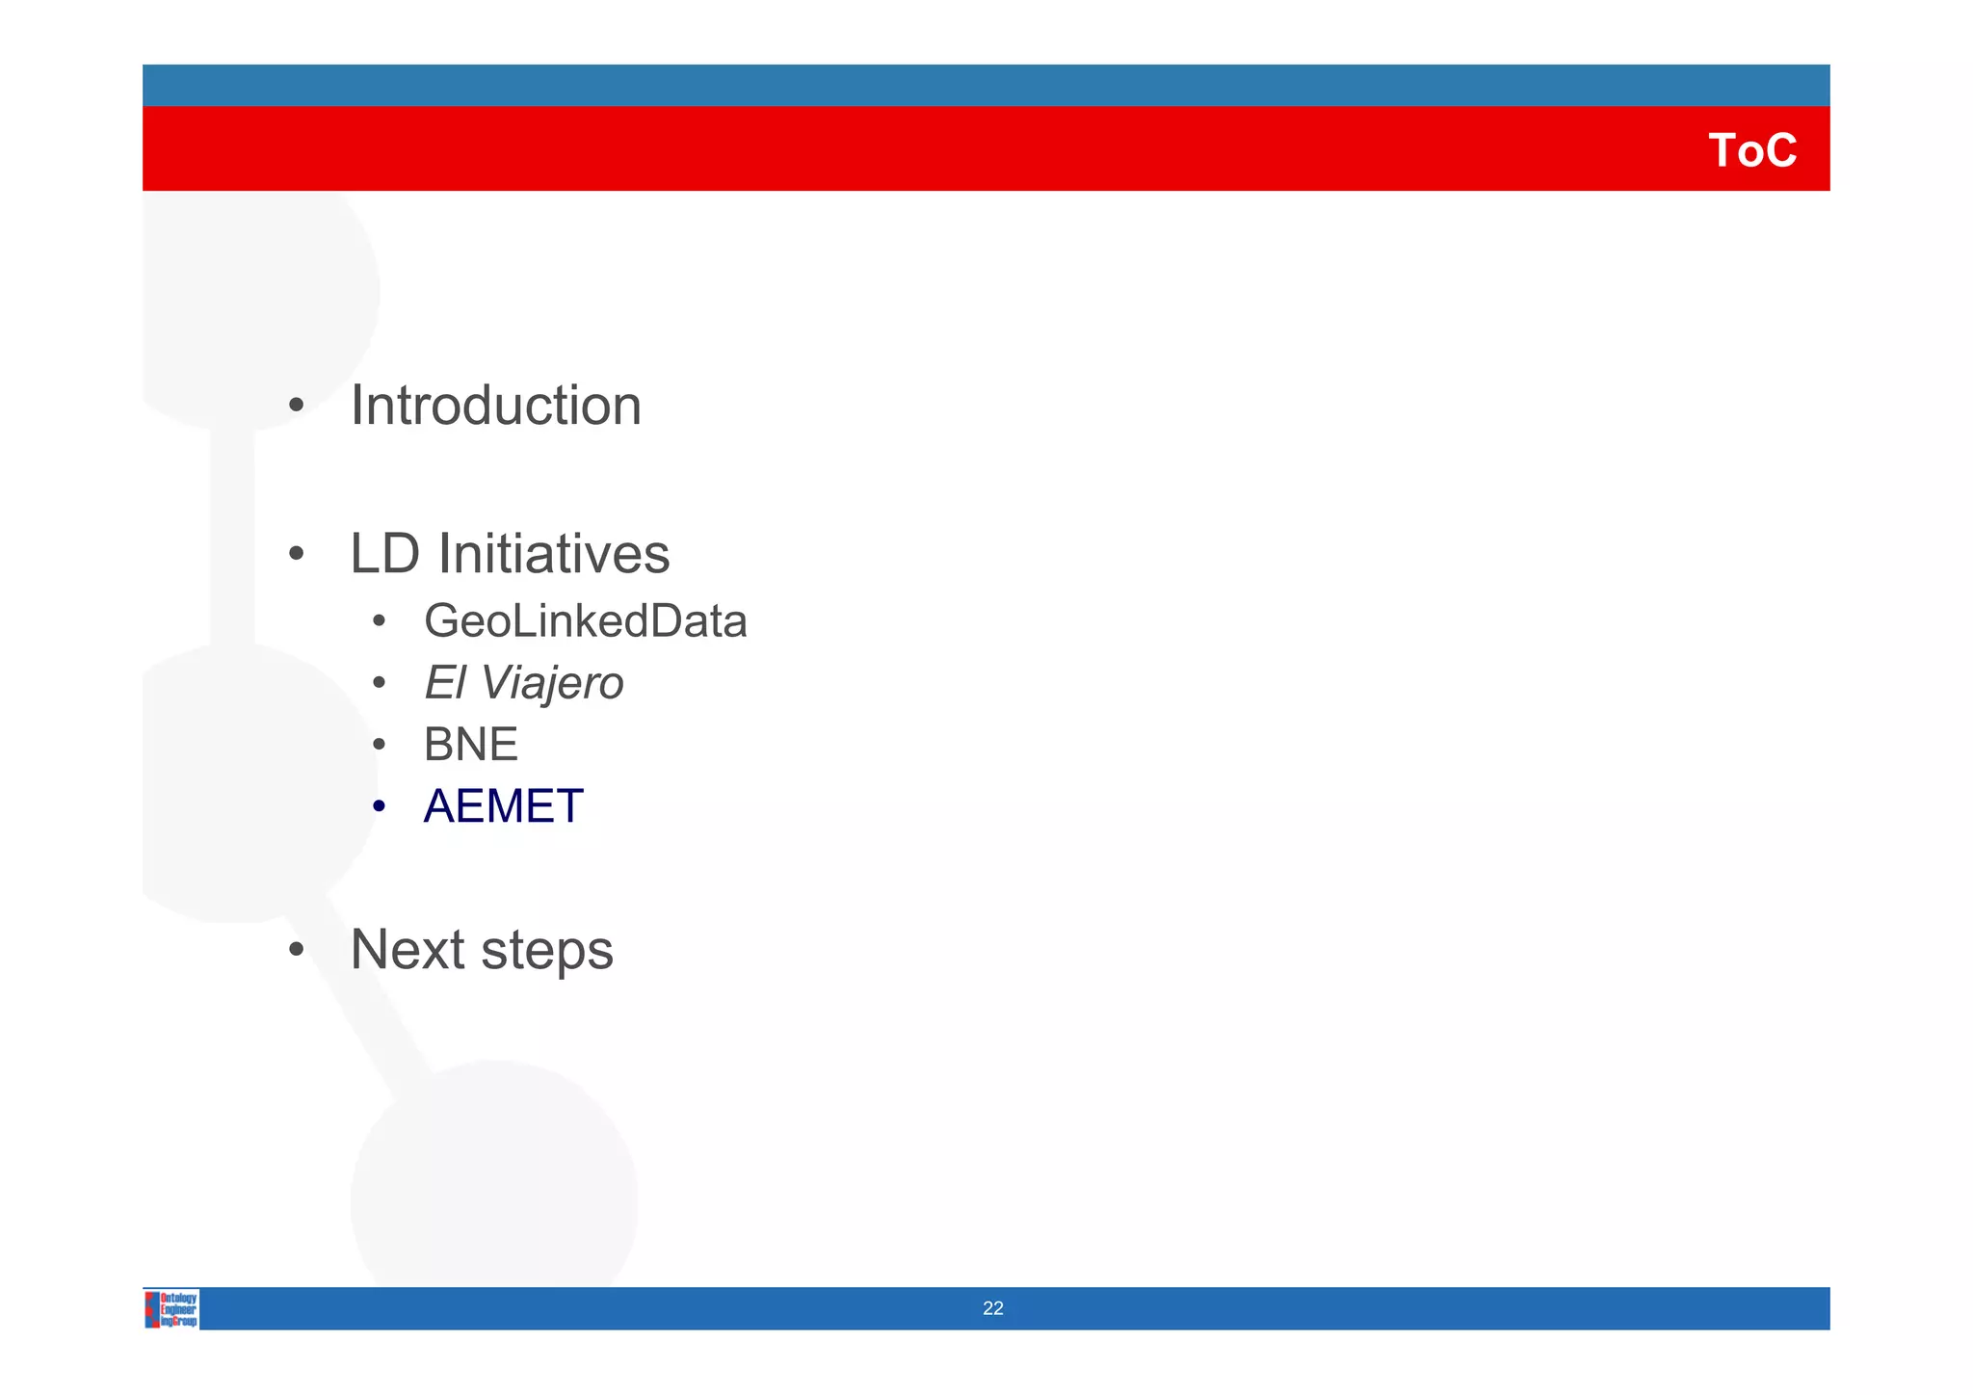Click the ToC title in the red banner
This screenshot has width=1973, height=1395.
[1751, 151]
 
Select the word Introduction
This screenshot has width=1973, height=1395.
[495, 406]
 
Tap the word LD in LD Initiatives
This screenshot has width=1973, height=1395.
[384, 554]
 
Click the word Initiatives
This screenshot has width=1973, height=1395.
[554, 554]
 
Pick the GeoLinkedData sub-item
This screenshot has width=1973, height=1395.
[585, 621]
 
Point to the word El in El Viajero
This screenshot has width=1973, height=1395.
[444, 683]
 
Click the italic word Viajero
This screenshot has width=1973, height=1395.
[552, 683]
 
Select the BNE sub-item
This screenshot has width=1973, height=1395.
[470, 745]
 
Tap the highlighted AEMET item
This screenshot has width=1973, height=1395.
[503, 806]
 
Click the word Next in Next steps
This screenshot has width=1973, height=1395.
[408, 950]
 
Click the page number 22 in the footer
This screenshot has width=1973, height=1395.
[992, 1308]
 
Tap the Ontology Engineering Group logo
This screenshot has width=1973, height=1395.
[172, 1309]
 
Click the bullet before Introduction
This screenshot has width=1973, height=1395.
[297, 407]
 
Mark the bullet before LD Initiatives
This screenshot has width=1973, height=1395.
[297, 555]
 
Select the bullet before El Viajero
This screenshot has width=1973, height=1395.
[380, 684]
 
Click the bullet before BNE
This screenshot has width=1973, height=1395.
[380, 746]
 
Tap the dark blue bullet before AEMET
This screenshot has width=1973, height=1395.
[380, 807]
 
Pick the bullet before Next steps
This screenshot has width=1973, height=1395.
[297, 951]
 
